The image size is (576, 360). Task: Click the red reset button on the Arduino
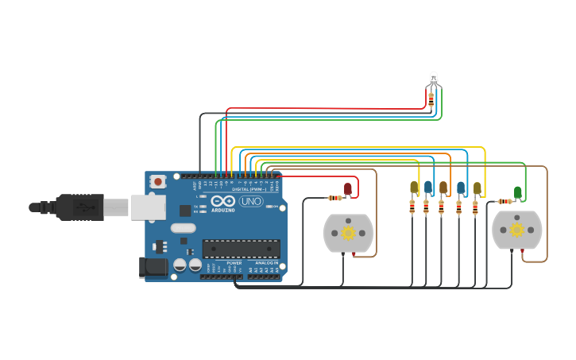click(157, 181)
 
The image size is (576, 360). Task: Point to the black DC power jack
click(153, 268)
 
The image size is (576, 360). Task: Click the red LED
click(348, 188)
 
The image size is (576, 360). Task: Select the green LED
click(518, 192)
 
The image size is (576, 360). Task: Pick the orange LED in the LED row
click(443, 188)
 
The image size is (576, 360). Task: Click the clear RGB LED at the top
click(433, 79)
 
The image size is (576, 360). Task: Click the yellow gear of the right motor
click(517, 230)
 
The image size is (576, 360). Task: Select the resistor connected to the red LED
click(335, 198)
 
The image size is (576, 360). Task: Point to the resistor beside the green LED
click(504, 201)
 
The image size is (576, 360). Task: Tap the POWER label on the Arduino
click(234, 262)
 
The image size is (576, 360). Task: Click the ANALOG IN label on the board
click(265, 262)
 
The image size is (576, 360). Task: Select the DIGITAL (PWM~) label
click(248, 189)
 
